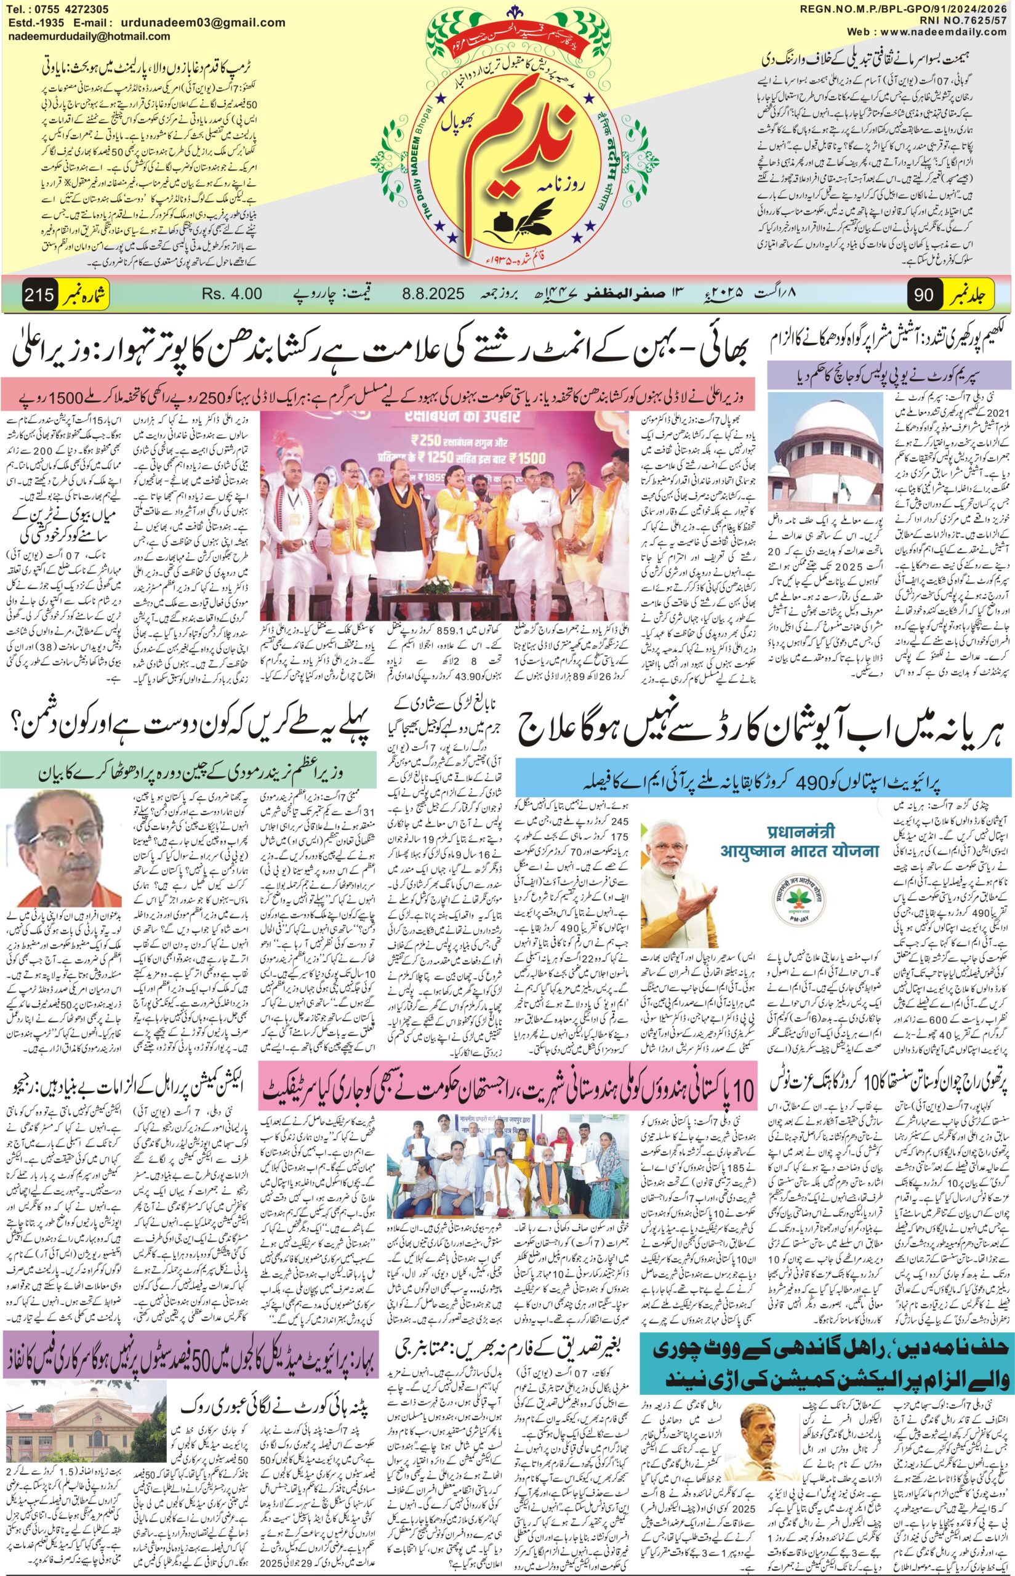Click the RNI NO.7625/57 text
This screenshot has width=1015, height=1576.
(969, 20)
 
